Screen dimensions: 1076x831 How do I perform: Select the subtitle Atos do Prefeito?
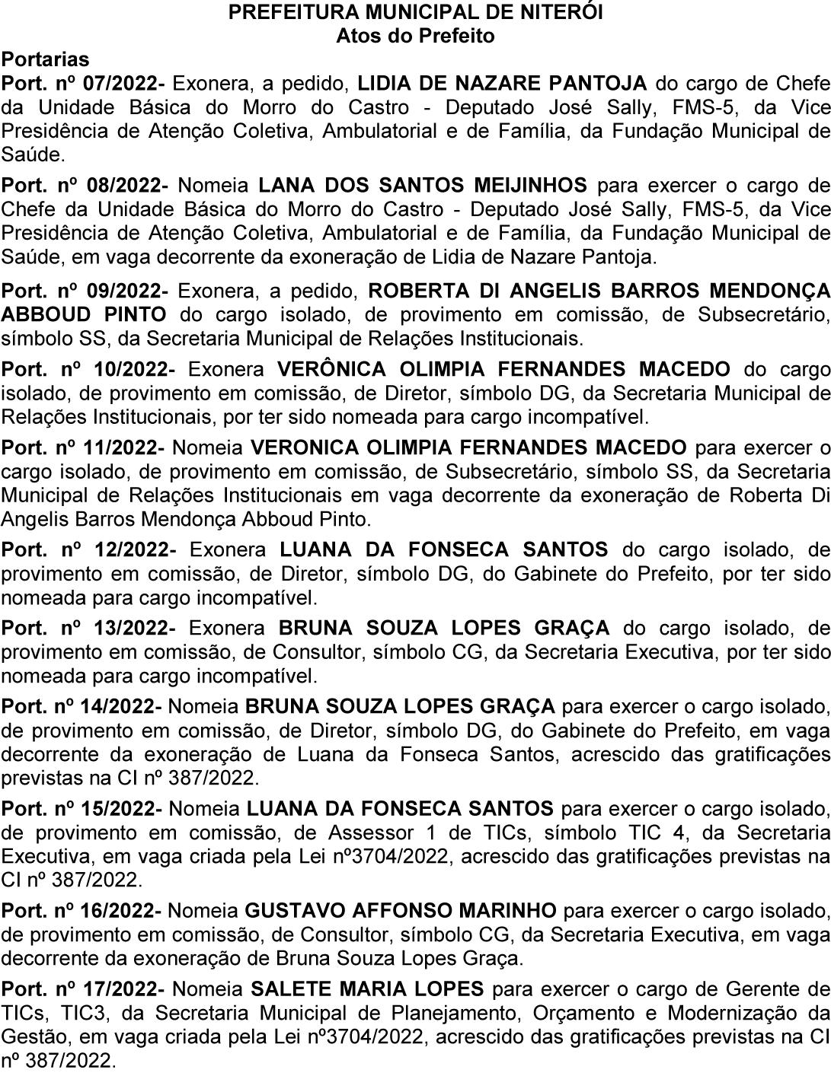pyautogui.click(x=415, y=36)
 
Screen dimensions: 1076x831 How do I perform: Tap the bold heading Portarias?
pyautogui.click(x=45, y=59)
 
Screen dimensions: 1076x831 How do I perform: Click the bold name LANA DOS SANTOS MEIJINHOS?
pyautogui.click(x=423, y=185)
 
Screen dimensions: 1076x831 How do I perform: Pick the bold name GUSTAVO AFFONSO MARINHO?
pyautogui.click(x=401, y=910)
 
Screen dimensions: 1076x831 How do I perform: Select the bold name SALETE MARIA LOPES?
pyautogui.click(x=367, y=989)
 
